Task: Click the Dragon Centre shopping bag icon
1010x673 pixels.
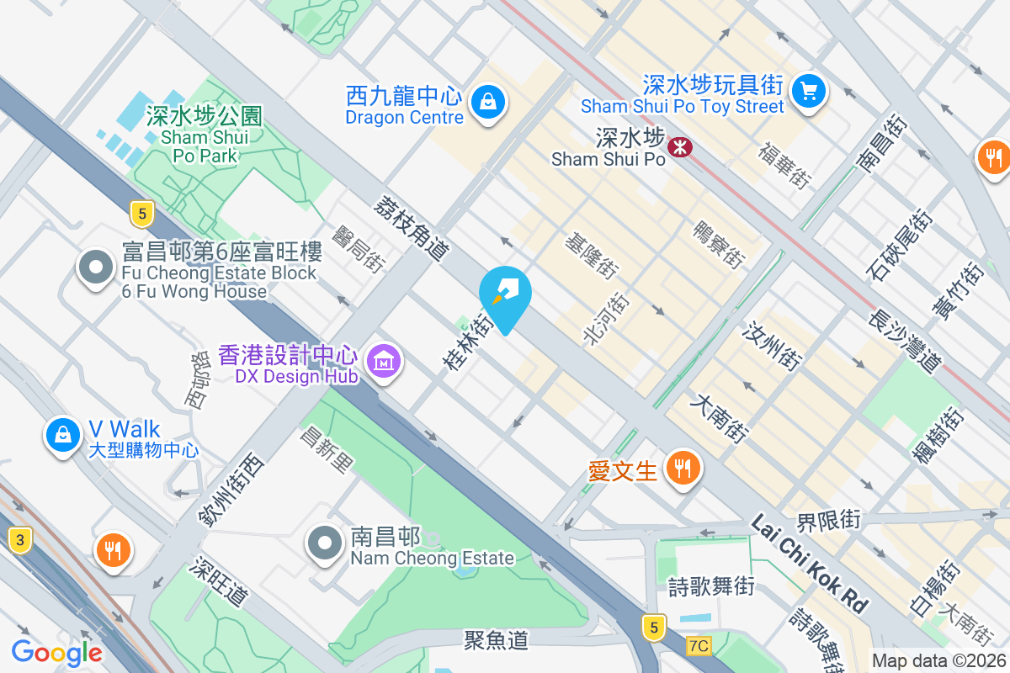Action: (486, 103)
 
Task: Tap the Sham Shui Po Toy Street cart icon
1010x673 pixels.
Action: (810, 90)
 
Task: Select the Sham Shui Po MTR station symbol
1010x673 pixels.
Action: (678, 147)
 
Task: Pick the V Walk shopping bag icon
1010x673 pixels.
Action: (63, 434)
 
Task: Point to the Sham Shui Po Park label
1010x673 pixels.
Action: (205, 135)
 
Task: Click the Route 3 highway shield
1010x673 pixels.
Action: (19, 540)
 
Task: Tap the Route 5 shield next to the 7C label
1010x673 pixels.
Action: (652, 626)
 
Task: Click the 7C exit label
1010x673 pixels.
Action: (698, 646)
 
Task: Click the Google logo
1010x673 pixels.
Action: (57, 652)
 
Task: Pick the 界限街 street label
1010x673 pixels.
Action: (829, 520)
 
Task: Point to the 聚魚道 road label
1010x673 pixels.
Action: (497, 640)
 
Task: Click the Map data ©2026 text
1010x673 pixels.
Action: (938, 661)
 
